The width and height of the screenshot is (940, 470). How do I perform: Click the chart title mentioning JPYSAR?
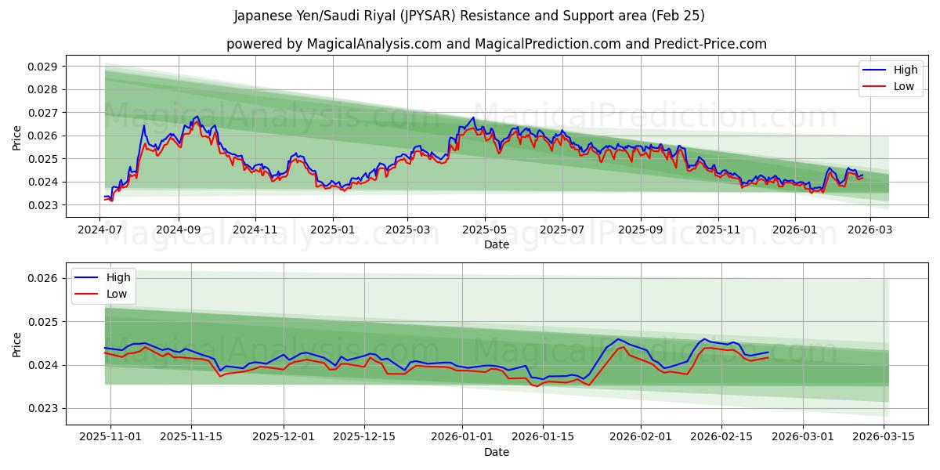tap(469, 16)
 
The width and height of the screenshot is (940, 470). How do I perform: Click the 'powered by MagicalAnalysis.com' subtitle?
tap(496, 44)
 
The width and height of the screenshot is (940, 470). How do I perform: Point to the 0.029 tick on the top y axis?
tap(42, 67)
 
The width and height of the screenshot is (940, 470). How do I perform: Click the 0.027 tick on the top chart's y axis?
tap(42, 113)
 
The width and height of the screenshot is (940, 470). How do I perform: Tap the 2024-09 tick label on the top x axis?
tap(178, 230)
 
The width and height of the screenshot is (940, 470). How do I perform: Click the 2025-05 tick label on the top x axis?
tap(485, 230)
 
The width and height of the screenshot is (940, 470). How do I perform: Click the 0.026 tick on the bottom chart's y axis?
tap(42, 278)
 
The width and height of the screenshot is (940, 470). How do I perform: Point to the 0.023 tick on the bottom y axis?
tap(42, 408)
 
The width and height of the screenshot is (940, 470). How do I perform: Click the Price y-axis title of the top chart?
tap(17, 139)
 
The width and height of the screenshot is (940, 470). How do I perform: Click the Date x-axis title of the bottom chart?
tap(496, 452)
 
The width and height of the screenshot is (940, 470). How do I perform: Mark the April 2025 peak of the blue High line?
tap(473, 117)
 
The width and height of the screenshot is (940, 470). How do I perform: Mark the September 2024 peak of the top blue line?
tap(197, 117)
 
